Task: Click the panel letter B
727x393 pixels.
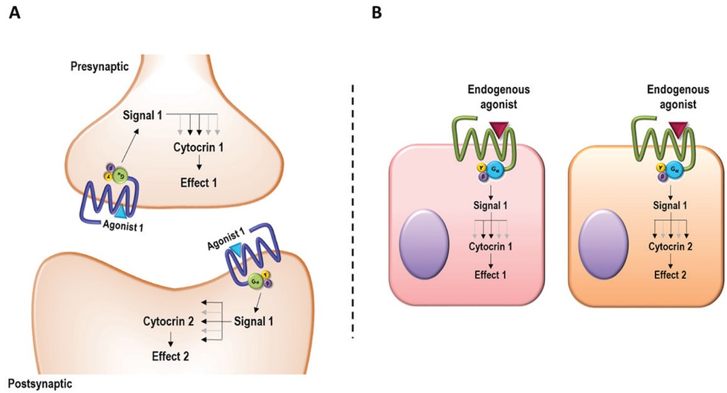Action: click(x=376, y=13)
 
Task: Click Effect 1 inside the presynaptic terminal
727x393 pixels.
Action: click(x=199, y=181)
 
